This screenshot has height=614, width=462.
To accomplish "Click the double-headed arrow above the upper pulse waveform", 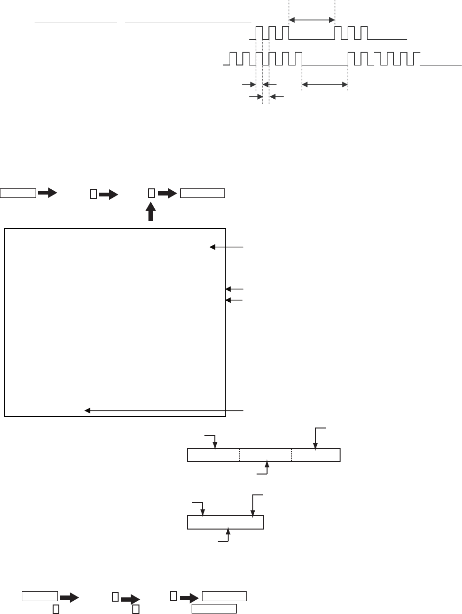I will tap(312, 19).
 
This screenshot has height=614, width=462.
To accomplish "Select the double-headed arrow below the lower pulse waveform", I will tap(325, 84).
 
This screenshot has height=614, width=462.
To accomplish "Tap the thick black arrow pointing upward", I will tap(151, 211).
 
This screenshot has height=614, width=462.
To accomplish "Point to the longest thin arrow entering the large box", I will tap(164, 410).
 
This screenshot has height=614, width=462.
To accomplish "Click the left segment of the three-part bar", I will tap(213, 455).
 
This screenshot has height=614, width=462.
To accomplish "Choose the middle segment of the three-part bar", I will tap(266, 455).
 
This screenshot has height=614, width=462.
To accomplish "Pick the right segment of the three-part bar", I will tap(316, 455).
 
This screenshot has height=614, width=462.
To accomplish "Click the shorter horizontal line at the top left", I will tap(76, 22).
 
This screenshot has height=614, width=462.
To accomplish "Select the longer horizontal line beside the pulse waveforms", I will tap(188, 22).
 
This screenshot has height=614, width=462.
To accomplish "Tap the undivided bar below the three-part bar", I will tap(225, 522).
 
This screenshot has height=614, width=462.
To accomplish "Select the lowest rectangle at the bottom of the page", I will tap(214, 609).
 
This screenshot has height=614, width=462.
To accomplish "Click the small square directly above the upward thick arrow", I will tap(151, 193).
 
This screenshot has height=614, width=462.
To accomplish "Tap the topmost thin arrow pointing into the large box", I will tap(227, 247).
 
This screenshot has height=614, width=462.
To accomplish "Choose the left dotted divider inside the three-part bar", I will tap(240, 455).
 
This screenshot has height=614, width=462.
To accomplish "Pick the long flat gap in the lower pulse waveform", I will tap(325, 65).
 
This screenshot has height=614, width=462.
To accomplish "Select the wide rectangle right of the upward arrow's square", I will tap(202, 193).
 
